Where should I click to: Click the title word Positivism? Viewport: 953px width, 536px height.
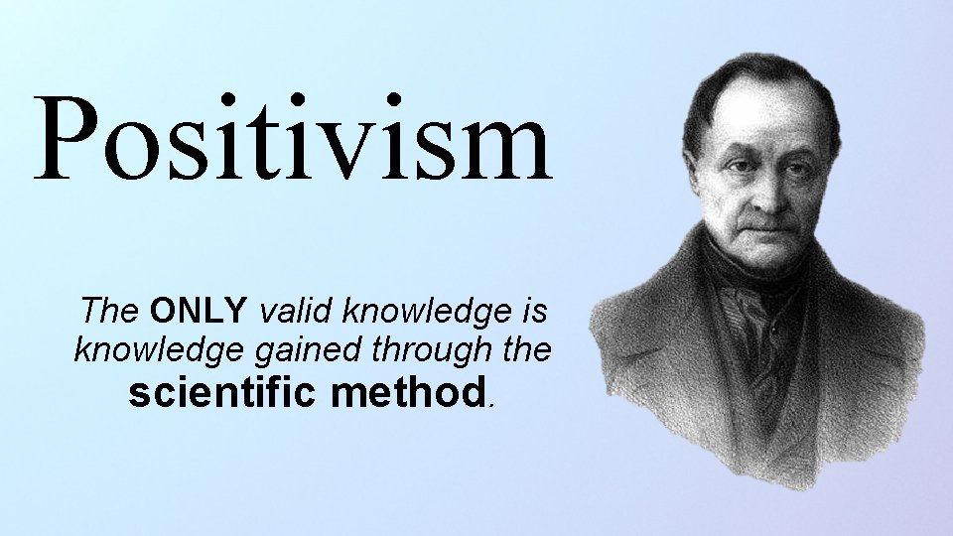click(x=293, y=139)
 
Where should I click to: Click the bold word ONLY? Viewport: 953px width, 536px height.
click(x=199, y=312)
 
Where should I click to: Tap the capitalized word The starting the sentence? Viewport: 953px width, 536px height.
click(x=111, y=312)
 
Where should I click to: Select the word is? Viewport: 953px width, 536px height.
click(x=533, y=312)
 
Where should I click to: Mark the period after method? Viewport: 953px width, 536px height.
click(x=489, y=405)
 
